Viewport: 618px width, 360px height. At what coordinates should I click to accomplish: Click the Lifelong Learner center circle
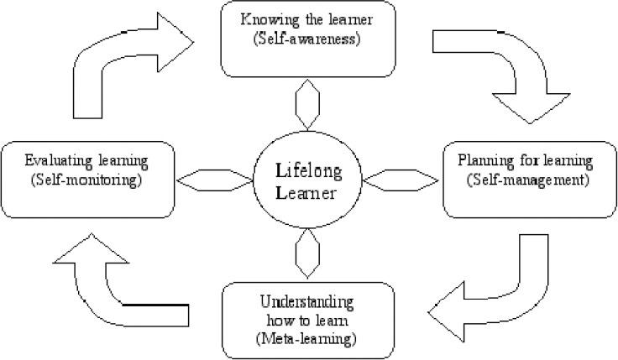point(309,180)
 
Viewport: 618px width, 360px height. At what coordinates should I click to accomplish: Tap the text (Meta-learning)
point(307,338)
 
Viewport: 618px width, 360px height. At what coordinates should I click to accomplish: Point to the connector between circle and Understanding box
point(308,252)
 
